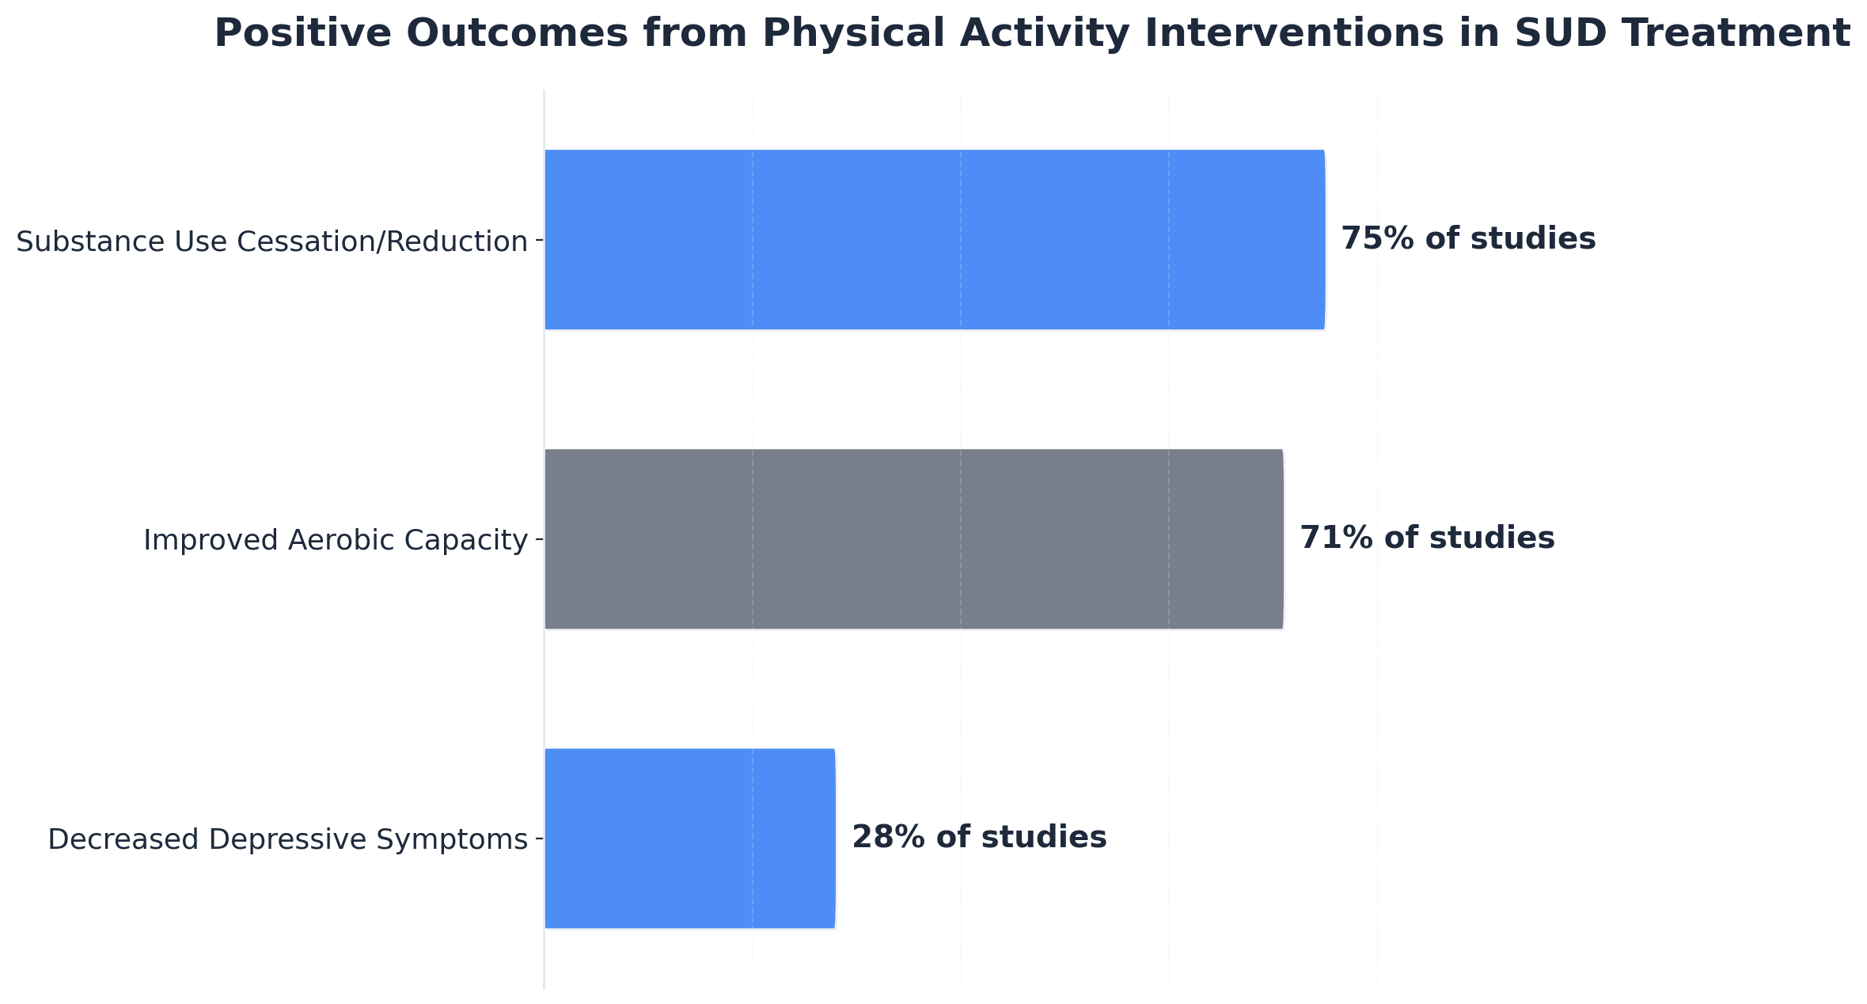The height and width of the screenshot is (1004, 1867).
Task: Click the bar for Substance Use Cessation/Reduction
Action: pyautogui.click(x=934, y=239)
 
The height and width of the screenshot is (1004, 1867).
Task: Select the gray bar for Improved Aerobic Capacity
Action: pyautogui.click(x=913, y=538)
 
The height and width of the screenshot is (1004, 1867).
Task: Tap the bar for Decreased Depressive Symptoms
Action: pyautogui.click(x=689, y=838)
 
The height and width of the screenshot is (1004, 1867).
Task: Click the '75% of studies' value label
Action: pyautogui.click(x=1468, y=238)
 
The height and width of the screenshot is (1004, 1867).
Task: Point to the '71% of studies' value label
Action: pyautogui.click(x=1427, y=538)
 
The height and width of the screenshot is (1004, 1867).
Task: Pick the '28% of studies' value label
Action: pyautogui.click(x=979, y=837)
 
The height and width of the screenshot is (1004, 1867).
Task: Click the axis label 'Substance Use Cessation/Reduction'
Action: pyautogui.click(x=271, y=241)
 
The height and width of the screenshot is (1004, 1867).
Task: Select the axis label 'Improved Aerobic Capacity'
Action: pyautogui.click(x=335, y=540)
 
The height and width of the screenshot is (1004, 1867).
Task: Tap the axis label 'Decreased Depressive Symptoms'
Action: pyautogui.click(x=287, y=839)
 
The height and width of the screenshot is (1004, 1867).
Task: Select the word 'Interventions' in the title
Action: pyautogui.click(x=1308, y=33)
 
